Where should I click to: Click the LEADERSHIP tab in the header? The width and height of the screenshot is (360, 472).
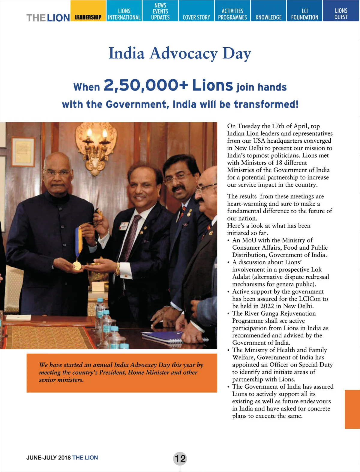88,17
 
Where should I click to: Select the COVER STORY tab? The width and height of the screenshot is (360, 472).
196,17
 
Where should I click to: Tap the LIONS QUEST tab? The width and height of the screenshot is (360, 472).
341,14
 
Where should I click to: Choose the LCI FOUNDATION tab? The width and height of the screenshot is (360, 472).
304,14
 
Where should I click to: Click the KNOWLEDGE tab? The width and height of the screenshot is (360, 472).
268,17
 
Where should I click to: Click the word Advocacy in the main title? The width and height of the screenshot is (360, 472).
184,54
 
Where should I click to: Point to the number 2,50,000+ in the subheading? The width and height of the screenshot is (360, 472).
146,85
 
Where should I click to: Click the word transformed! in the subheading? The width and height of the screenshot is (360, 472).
266,104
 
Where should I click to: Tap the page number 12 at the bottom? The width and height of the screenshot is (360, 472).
180,459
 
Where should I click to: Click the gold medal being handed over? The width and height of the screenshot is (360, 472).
77,265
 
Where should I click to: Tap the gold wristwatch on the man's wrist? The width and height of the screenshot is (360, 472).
118,269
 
